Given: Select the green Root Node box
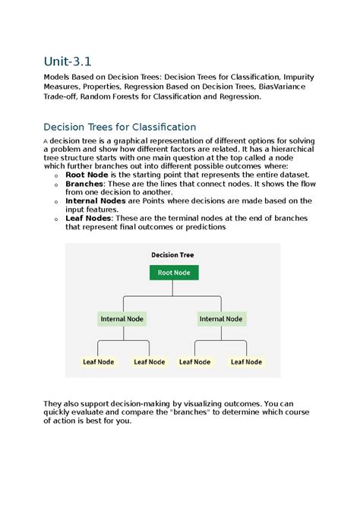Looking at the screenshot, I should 173,272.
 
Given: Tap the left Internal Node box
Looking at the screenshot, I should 122,319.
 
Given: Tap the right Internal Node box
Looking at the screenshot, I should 221,319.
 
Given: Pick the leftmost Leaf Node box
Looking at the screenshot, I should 98,362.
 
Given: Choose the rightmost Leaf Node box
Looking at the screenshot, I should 246,362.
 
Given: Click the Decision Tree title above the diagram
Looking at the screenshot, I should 173,254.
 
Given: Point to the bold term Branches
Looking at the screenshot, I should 84,183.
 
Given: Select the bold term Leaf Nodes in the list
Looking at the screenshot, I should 88,218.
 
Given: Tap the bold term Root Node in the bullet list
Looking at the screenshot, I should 87,174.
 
